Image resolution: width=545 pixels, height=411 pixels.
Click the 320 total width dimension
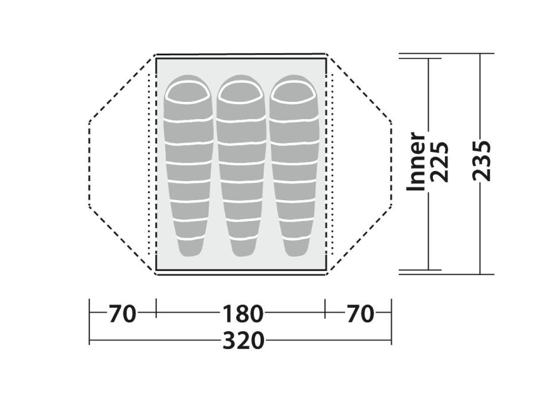(x=243, y=341)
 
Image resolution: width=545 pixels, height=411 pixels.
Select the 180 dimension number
(x=243, y=313)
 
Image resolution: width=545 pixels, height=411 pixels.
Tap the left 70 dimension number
(x=122, y=313)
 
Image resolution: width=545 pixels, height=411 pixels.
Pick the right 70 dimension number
(x=360, y=313)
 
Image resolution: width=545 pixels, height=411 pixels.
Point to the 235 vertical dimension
(x=481, y=160)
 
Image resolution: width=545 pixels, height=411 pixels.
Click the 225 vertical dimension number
(x=440, y=161)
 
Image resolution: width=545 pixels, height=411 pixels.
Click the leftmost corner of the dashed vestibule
(x=89, y=122)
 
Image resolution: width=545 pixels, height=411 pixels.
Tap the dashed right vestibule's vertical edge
(x=391, y=164)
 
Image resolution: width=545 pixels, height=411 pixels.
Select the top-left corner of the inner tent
(x=156, y=57)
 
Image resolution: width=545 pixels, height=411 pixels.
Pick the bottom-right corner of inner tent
(x=326, y=270)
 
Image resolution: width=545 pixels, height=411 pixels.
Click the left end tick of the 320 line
(x=89, y=341)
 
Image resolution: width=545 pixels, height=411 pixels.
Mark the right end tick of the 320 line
(x=391, y=341)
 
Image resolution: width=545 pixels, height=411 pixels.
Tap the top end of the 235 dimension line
(x=481, y=54)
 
